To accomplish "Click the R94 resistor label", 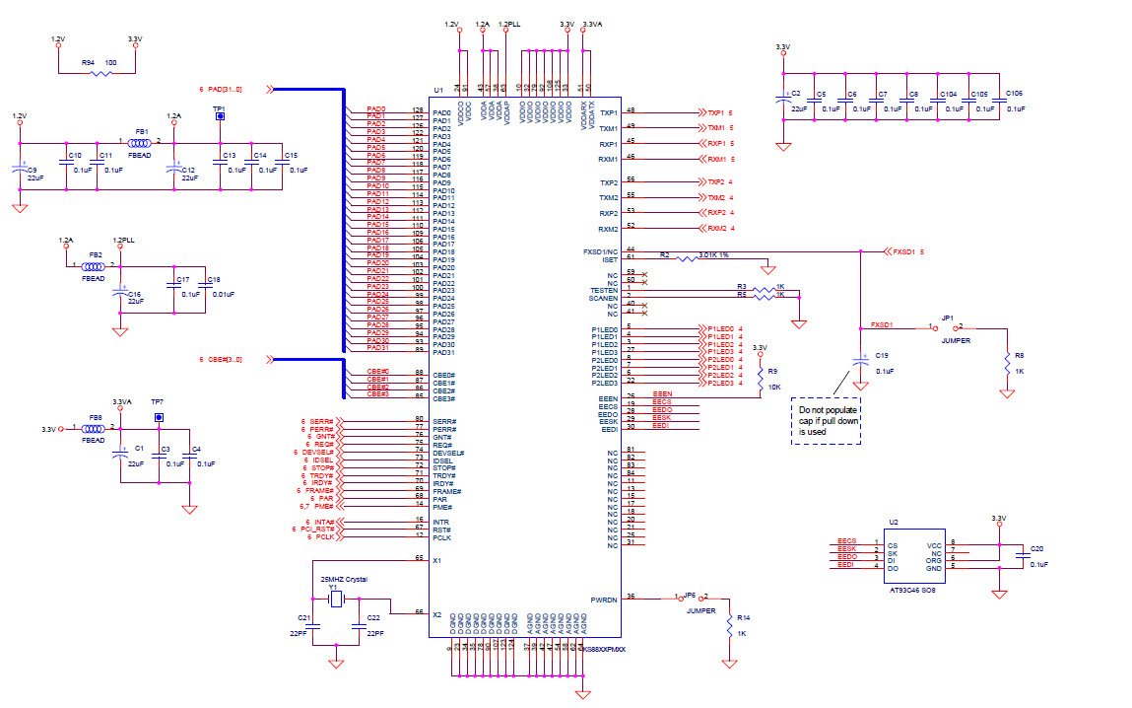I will click(x=88, y=62).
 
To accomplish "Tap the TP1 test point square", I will click(x=219, y=116).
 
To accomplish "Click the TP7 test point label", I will click(x=157, y=402).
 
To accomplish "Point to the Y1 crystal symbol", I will click(x=335, y=599).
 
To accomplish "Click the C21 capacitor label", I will click(x=303, y=617).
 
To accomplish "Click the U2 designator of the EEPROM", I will click(x=893, y=521).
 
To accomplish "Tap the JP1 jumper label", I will click(x=947, y=319).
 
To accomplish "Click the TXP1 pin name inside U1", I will click(x=608, y=112).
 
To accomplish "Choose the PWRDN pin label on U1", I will click(x=603, y=599).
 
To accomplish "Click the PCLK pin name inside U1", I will click(x=442, y=537).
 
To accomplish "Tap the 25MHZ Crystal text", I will click(x=343, y=579).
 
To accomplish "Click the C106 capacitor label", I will click(x=1014, y=94).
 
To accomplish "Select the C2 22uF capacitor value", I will click(x=799, y=108).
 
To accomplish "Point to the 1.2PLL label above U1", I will click(x=509, y=23).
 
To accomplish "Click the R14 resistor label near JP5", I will click(x=744, y=617).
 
